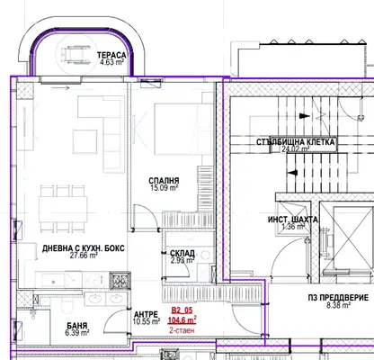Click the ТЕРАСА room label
[111, 56]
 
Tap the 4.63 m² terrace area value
[111, 63]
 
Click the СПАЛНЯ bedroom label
[164, 181]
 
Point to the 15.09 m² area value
[164, 188]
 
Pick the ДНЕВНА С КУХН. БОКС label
[83, 248]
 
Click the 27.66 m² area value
[84, 256]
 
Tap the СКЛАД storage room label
[183, 254]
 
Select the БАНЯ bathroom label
[77, 326]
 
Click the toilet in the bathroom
[67, 305]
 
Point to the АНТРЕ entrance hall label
[146, 315]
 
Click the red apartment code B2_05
[182, 310]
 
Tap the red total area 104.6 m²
[182, 320]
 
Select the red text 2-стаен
[182, 330]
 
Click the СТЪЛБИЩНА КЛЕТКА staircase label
[295, 142]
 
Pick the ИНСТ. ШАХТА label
[293, 220]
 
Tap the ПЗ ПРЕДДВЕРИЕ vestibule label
[338, 298]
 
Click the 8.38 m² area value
[338, 305]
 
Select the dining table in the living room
[63, 209]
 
